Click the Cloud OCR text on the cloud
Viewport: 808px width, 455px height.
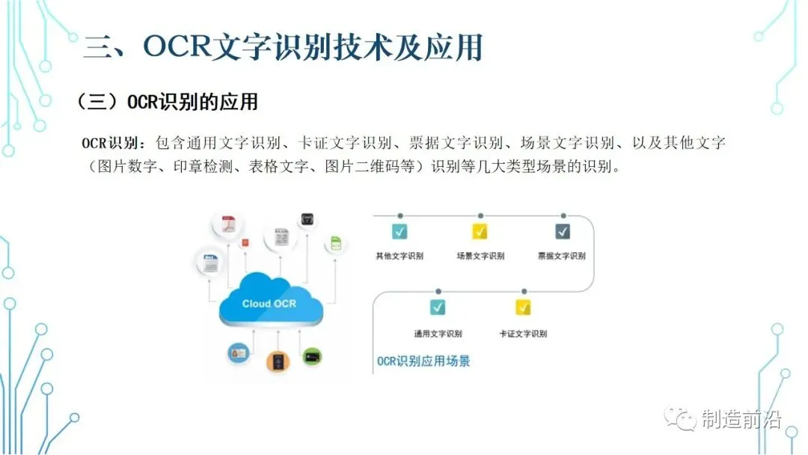coord(269,304)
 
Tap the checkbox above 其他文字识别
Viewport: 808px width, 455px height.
coord(400,231)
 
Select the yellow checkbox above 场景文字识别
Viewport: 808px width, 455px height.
coord(480,231)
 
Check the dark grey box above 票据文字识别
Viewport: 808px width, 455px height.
coord(562,231)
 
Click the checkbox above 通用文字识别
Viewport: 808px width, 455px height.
coord(438,307)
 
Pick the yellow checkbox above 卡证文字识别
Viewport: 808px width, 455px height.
coord(522,307)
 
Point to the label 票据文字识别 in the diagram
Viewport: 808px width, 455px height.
coord(561,256)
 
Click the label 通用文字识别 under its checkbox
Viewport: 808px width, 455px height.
coord(438,334)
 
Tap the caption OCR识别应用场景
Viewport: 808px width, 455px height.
coord(423,361)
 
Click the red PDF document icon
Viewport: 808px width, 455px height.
coord(227,223)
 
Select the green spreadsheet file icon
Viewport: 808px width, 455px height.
coord(336,244)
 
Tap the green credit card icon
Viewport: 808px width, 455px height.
coord(312,356)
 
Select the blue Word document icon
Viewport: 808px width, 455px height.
coord(210,262)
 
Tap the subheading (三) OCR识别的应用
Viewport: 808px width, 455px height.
coord(168,103)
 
